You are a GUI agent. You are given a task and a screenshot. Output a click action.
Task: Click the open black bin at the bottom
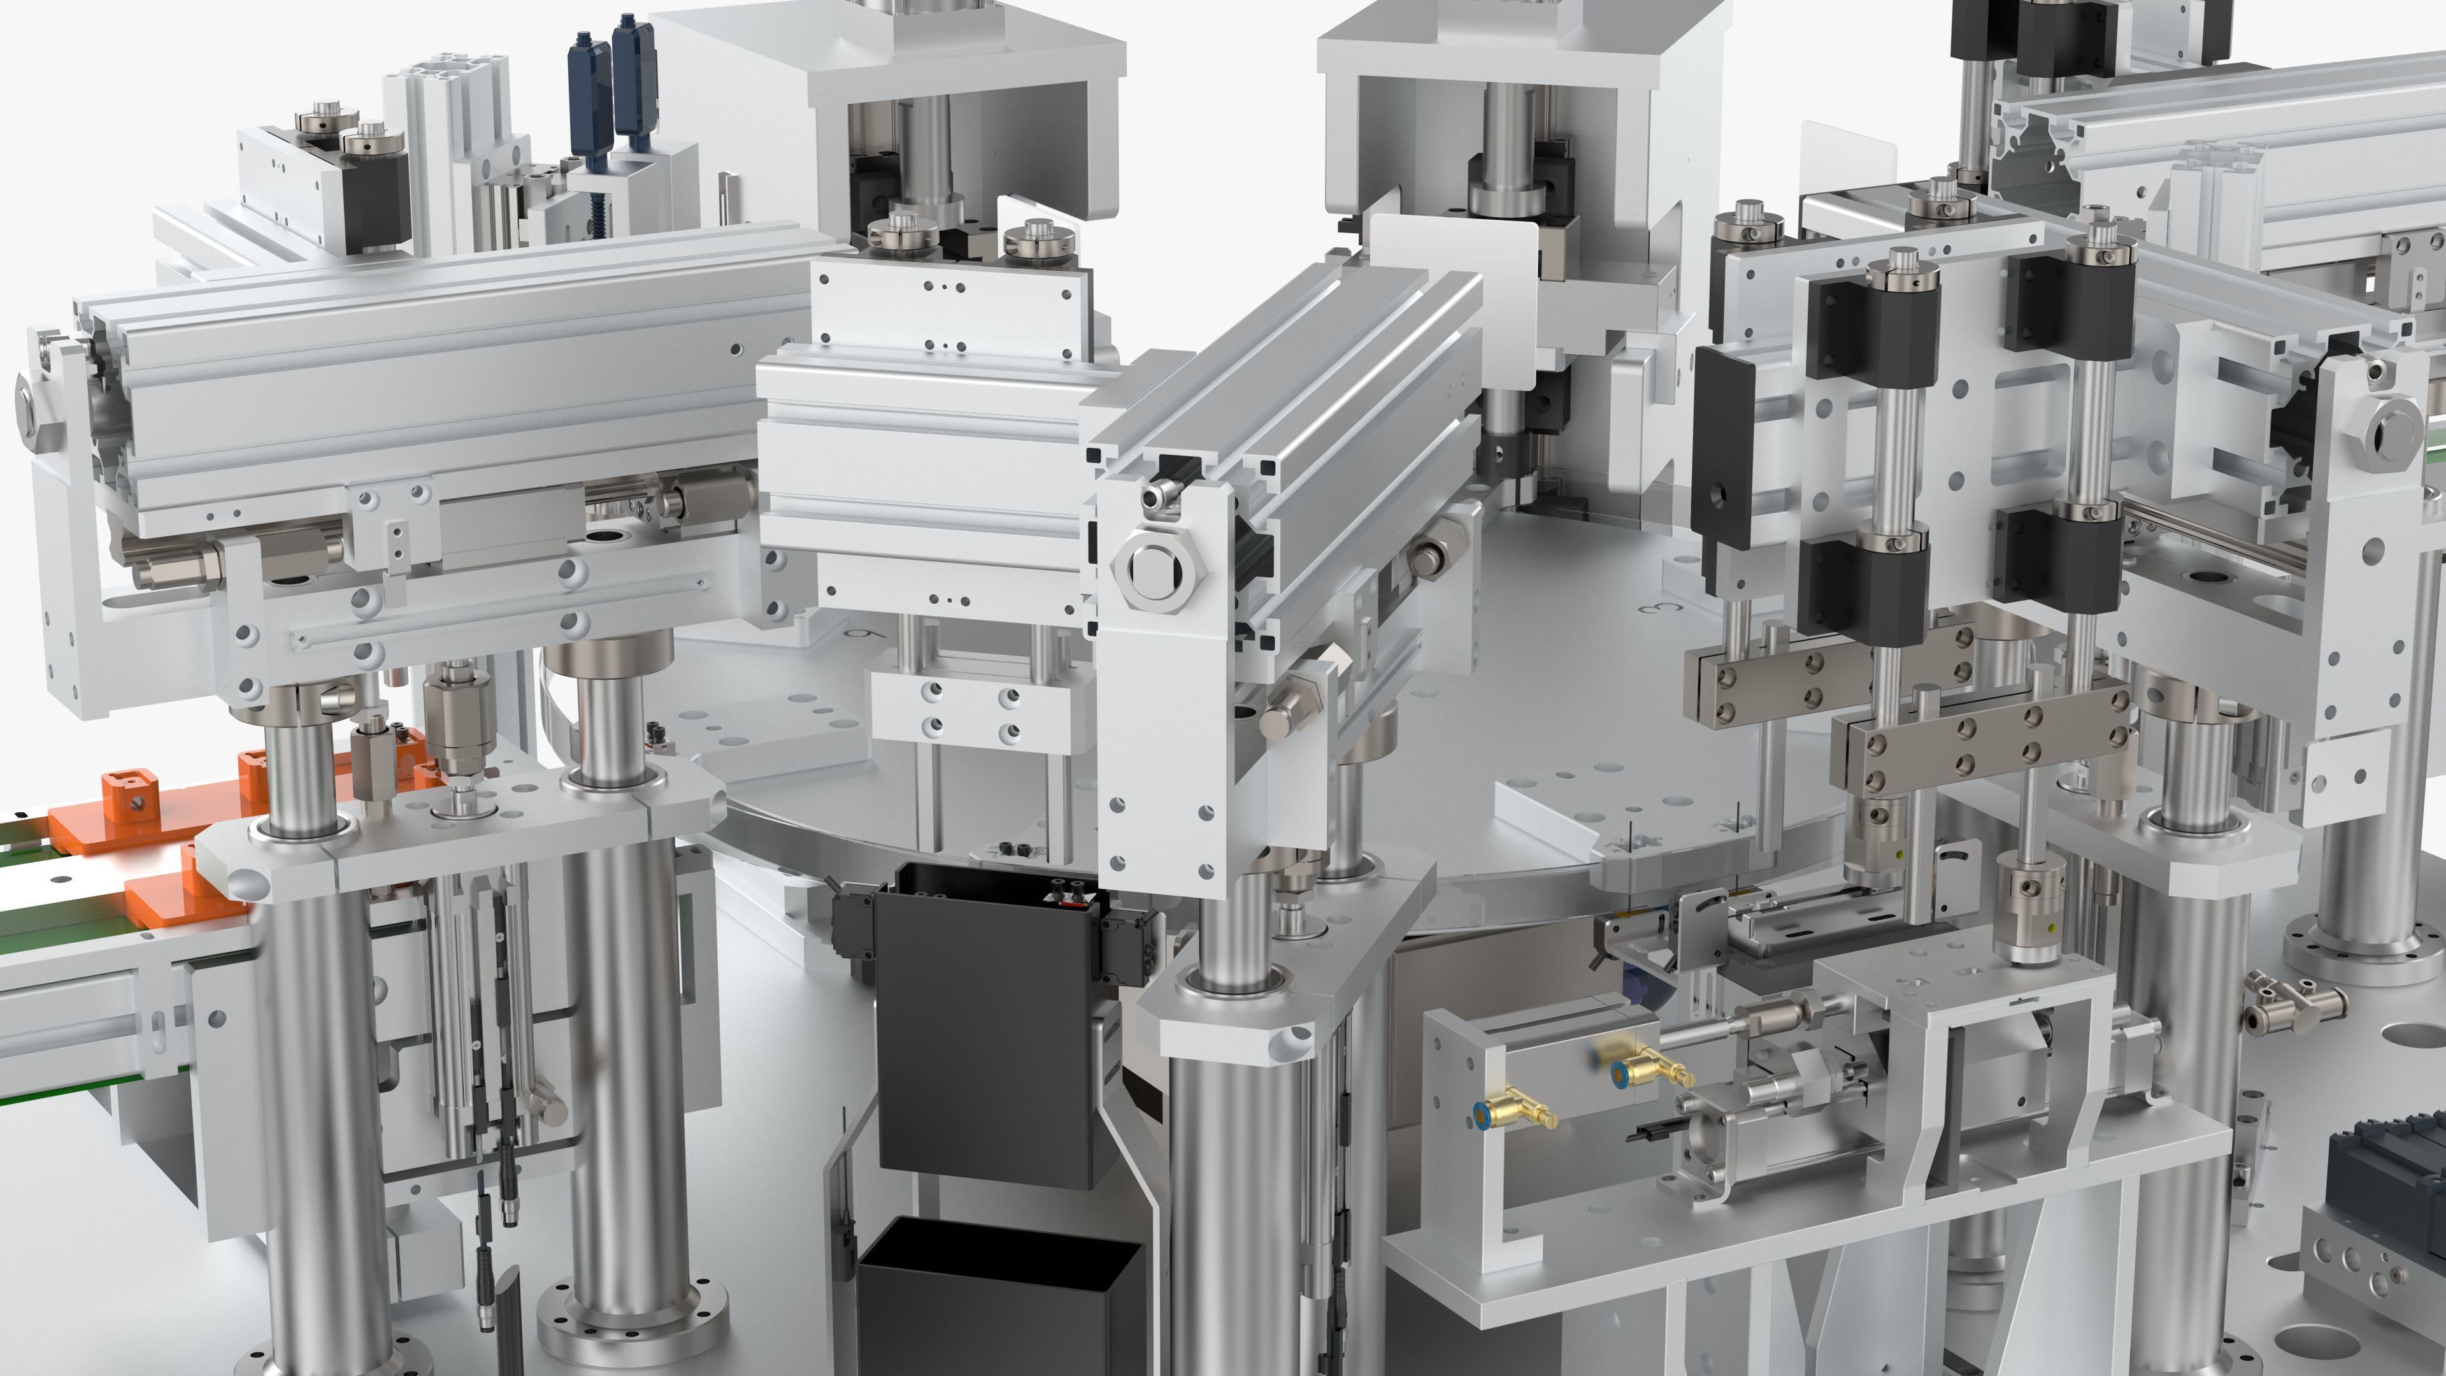[997, 1301]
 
